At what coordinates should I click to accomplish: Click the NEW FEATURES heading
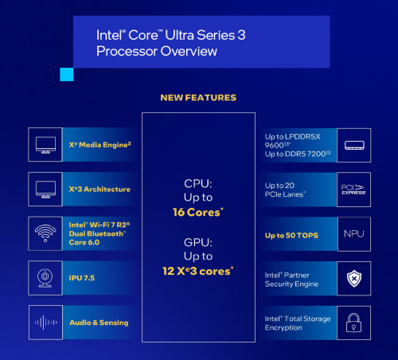pyautogui.click(x=198, y=98)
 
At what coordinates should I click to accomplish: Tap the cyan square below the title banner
pyautogui.click(x=67, y=74)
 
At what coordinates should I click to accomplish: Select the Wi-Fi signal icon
pyautogui.click(x=45, y=233)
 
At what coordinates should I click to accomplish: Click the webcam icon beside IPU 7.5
pyautogui.click(x=45, y=278)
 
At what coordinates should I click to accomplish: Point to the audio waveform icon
pyautogui.click(x=45, y=323)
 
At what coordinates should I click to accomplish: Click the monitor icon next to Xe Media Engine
pyautogui.click(x=45, y=145)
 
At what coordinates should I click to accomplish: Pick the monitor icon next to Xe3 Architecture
pyautogui.click(x=45, y=190)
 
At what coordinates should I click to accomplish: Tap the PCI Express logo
pyautogui.click(x=353, y=190)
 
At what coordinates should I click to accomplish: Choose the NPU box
pyautogui.click(x=354, y=234)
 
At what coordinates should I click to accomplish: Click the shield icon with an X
pyautogui.click(x=354, y=279)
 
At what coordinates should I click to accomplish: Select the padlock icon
pyautogui.click(x=353, y=323)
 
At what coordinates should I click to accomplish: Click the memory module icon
pyautogui.click(x=354, y=145)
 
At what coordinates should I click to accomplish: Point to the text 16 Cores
pyautogui.click(x=197, y=212)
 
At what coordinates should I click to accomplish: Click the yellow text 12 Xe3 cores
pyautogui.click(x=198, y=271)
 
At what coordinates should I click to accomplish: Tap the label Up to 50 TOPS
pyautogui.click(x=291, y=236)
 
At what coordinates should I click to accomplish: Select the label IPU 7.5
pyautogui.click(x=82, y=278)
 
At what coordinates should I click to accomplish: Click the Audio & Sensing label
pyautogui.click(x=99, y=323)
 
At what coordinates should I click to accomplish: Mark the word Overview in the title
pyautogui.click(x=189, y=51)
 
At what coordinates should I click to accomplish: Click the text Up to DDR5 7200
pyautogui.click(x=298, y=154)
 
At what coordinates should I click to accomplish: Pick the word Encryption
pyautogui.click(x=283, y=328)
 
